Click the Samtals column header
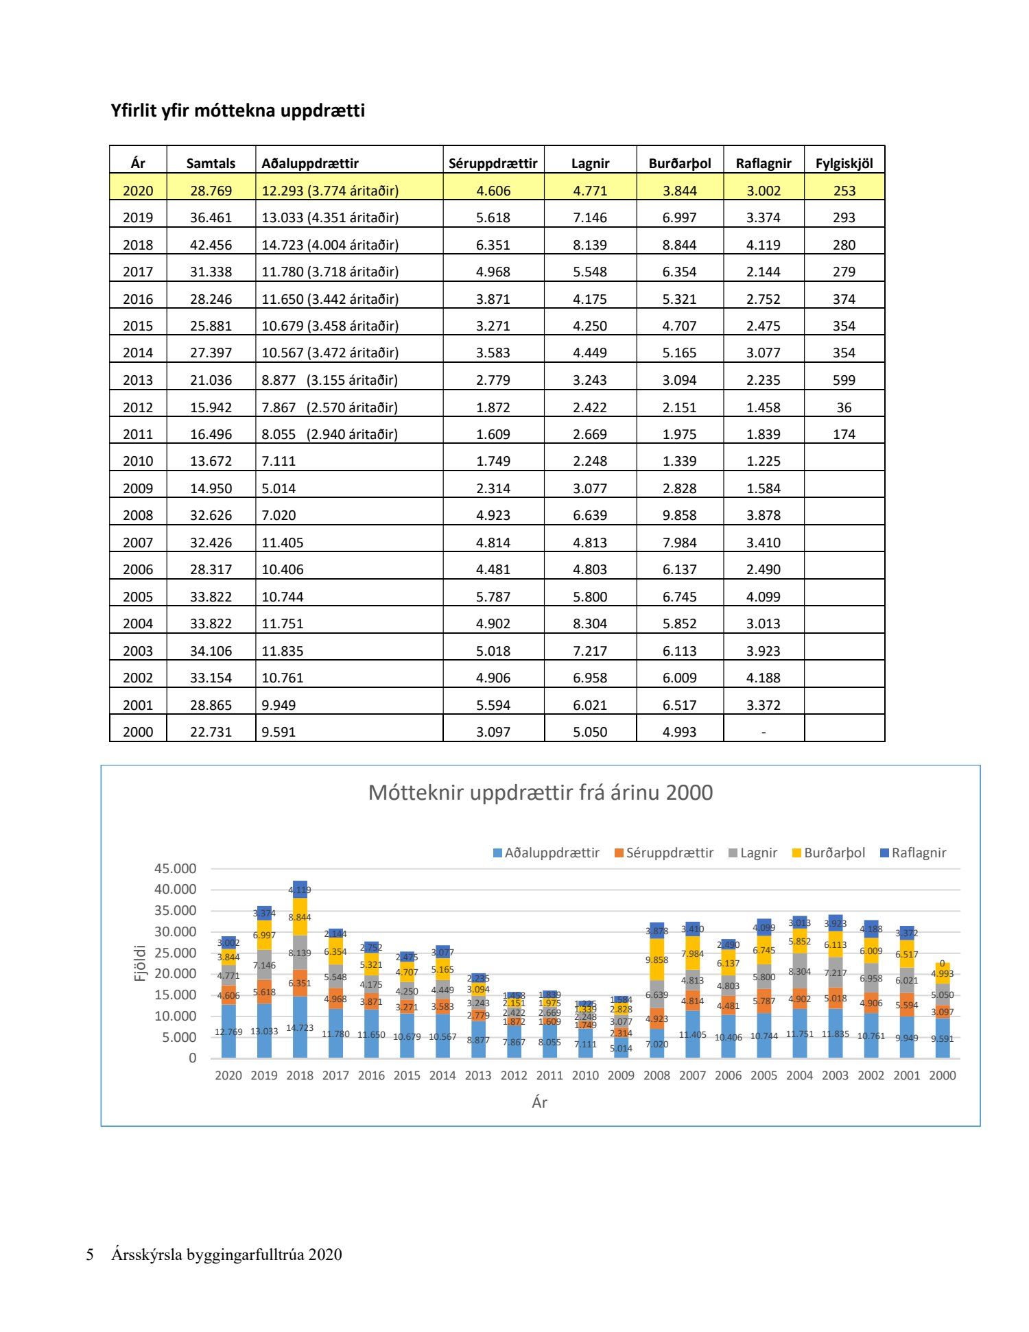point(211,163)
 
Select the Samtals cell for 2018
point(211,245)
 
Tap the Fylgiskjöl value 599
point(844,380)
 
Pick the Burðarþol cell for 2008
point(679,515)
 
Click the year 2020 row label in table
point(138,191)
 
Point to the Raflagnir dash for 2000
point(764,732)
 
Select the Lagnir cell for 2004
point(590,623)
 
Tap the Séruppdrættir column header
point(493,163)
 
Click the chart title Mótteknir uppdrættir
point(541,792)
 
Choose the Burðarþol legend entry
point(834,853)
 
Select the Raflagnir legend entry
point(919,853)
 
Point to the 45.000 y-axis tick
point(175,868)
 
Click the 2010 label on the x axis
point(585,1075)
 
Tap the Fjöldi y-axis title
point(140,962)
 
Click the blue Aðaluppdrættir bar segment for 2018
point(300,1027)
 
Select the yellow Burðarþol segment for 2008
point(657,960)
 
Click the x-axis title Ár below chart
point(539,1102)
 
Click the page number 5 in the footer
point(90,1254)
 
